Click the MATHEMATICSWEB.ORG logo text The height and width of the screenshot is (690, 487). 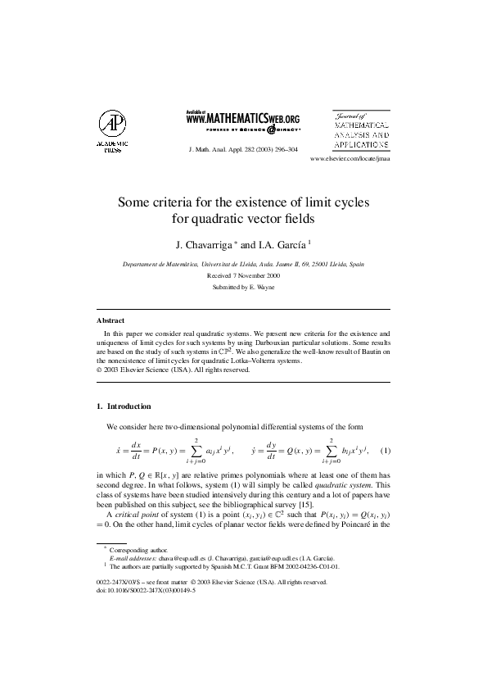243,118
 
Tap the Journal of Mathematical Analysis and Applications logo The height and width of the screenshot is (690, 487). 361,129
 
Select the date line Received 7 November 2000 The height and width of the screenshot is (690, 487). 243,276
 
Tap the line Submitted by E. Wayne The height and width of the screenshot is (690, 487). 243,288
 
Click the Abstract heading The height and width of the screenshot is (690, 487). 110,321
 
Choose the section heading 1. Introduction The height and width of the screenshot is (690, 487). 124,406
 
